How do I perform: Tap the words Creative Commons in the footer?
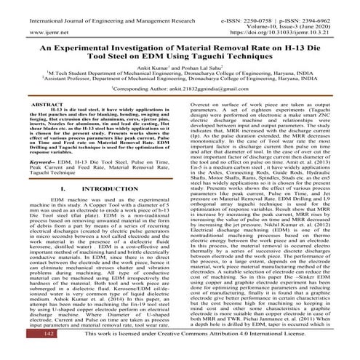tap(203, 353)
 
